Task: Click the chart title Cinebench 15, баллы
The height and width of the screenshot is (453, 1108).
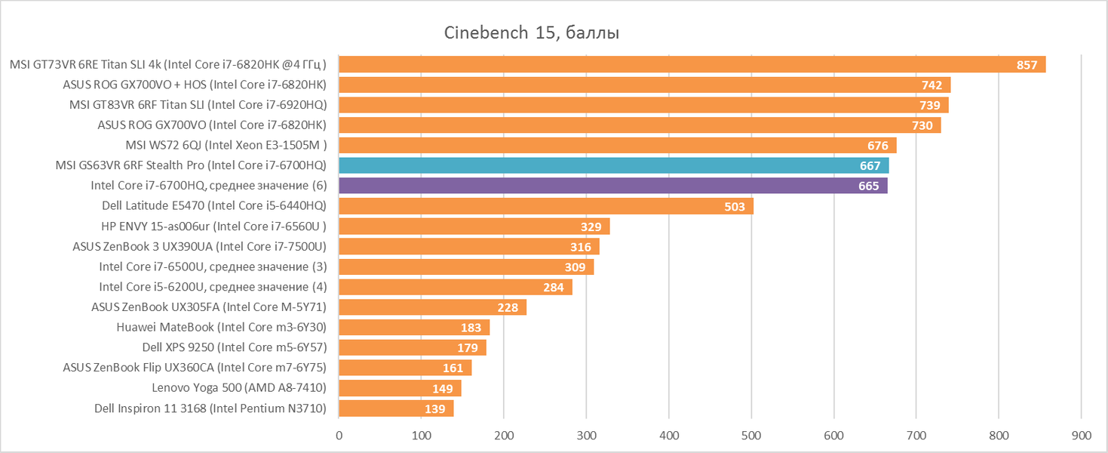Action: point(535,32)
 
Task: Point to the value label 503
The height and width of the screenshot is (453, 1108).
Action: point(735,206)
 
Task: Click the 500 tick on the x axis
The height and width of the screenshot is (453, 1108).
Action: point(751,435)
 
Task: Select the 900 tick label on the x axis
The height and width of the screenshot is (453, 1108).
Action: point(1080,435)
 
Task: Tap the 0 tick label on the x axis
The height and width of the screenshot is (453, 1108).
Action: point(339,435)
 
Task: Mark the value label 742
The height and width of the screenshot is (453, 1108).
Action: point(931,85)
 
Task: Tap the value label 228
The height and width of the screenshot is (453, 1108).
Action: point(508,307)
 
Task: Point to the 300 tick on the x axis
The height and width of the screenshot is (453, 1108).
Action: point(587,435)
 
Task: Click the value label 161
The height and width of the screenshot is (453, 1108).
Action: point(453,368)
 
